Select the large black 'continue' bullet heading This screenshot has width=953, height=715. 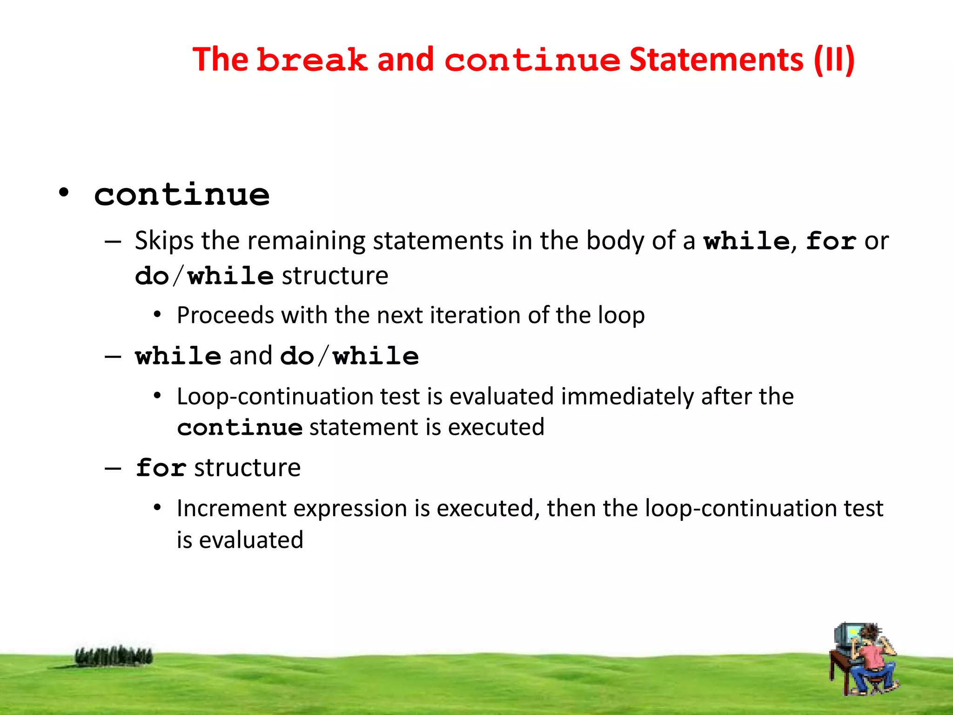coord(182,195)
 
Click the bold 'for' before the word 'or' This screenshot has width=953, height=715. coord(831,241)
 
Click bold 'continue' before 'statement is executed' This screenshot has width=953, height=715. coord(240,428)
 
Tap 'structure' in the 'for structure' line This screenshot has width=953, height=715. coord(247,468)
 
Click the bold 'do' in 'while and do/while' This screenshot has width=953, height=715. coord(297,357)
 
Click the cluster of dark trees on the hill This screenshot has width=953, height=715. coord(114,656)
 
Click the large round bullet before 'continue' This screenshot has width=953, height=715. coord(64,192)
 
